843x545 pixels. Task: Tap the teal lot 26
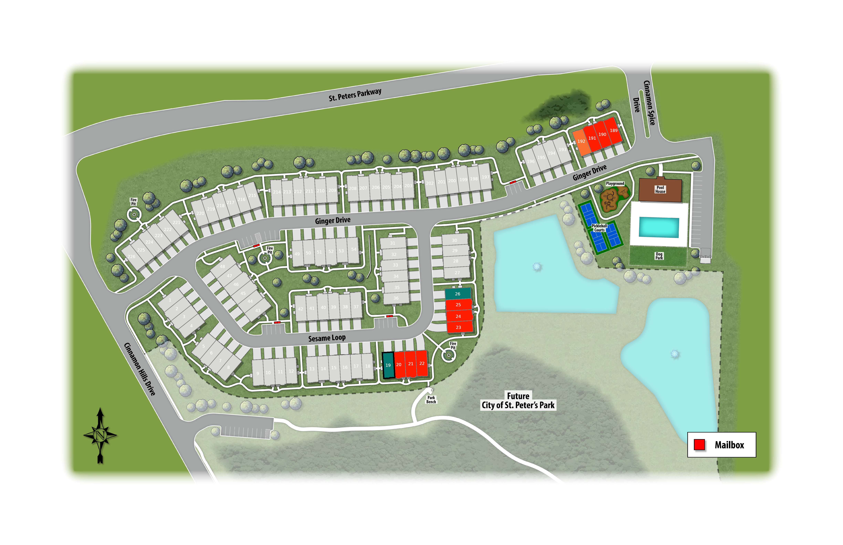458,294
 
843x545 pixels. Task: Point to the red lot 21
410,364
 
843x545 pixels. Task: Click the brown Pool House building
660,190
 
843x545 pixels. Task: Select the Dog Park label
659,256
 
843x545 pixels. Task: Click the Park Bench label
431,400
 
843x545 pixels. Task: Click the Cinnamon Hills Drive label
140,369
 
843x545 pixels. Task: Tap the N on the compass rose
100,435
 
